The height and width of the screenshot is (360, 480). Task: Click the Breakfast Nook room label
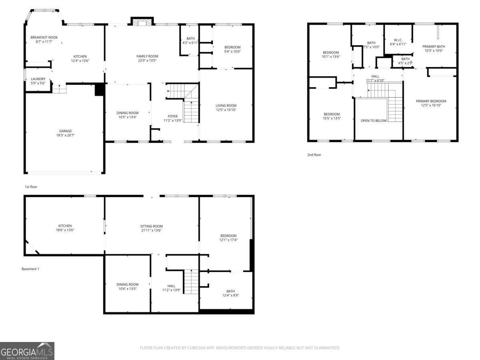(x=44, y=37)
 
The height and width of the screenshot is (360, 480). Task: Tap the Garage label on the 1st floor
(x=66, y=131)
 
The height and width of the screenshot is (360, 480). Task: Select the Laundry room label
(x=38, y=79)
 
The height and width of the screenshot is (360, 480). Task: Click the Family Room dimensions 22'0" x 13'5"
(x=147, y=61)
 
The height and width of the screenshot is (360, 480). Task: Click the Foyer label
(x=173, y=116)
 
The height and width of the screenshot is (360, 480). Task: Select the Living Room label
(x=226, y=106)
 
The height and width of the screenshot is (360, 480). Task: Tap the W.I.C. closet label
(x=398, y=40)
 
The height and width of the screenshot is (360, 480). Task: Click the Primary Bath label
(x=434, y=46)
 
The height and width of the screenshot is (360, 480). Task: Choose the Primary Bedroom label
(x=431, y=101)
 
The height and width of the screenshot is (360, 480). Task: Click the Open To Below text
(x=374, y=121)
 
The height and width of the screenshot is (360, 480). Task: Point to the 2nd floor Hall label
(x=375, y=76)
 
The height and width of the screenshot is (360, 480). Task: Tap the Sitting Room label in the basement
(x=152, y=226)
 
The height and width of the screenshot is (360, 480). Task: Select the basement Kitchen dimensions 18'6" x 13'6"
(x=65, y=230)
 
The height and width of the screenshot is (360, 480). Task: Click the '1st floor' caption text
(x=31, y=187)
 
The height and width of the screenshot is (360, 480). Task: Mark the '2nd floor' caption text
(x=314, y=155)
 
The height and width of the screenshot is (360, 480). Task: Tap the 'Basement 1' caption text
(x=30, y=269)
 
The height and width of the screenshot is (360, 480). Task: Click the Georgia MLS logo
(x=27, y=351)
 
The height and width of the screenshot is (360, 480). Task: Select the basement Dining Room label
(x=127, y=284)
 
